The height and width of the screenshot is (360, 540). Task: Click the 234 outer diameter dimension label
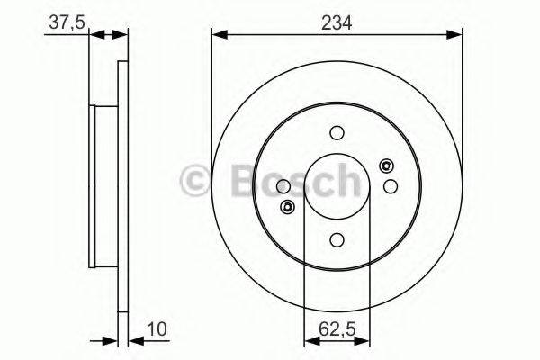pyautogui.click(x=337, y=20)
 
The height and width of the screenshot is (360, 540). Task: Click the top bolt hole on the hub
pyautogui.click(x=337, y=133)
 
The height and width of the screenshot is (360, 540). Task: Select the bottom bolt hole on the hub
pyautogui.click(x=337, y=238)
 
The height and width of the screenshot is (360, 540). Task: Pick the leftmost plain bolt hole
pyautogui.click(x=283, y=186)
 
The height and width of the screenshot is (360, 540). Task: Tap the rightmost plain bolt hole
pyautogui.click(x=390, y=185)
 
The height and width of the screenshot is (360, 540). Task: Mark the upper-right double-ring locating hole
pyautogui.click(x=387, y=165)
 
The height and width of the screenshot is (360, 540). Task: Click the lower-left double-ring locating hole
pyautogui.click(x=287, y=208)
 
